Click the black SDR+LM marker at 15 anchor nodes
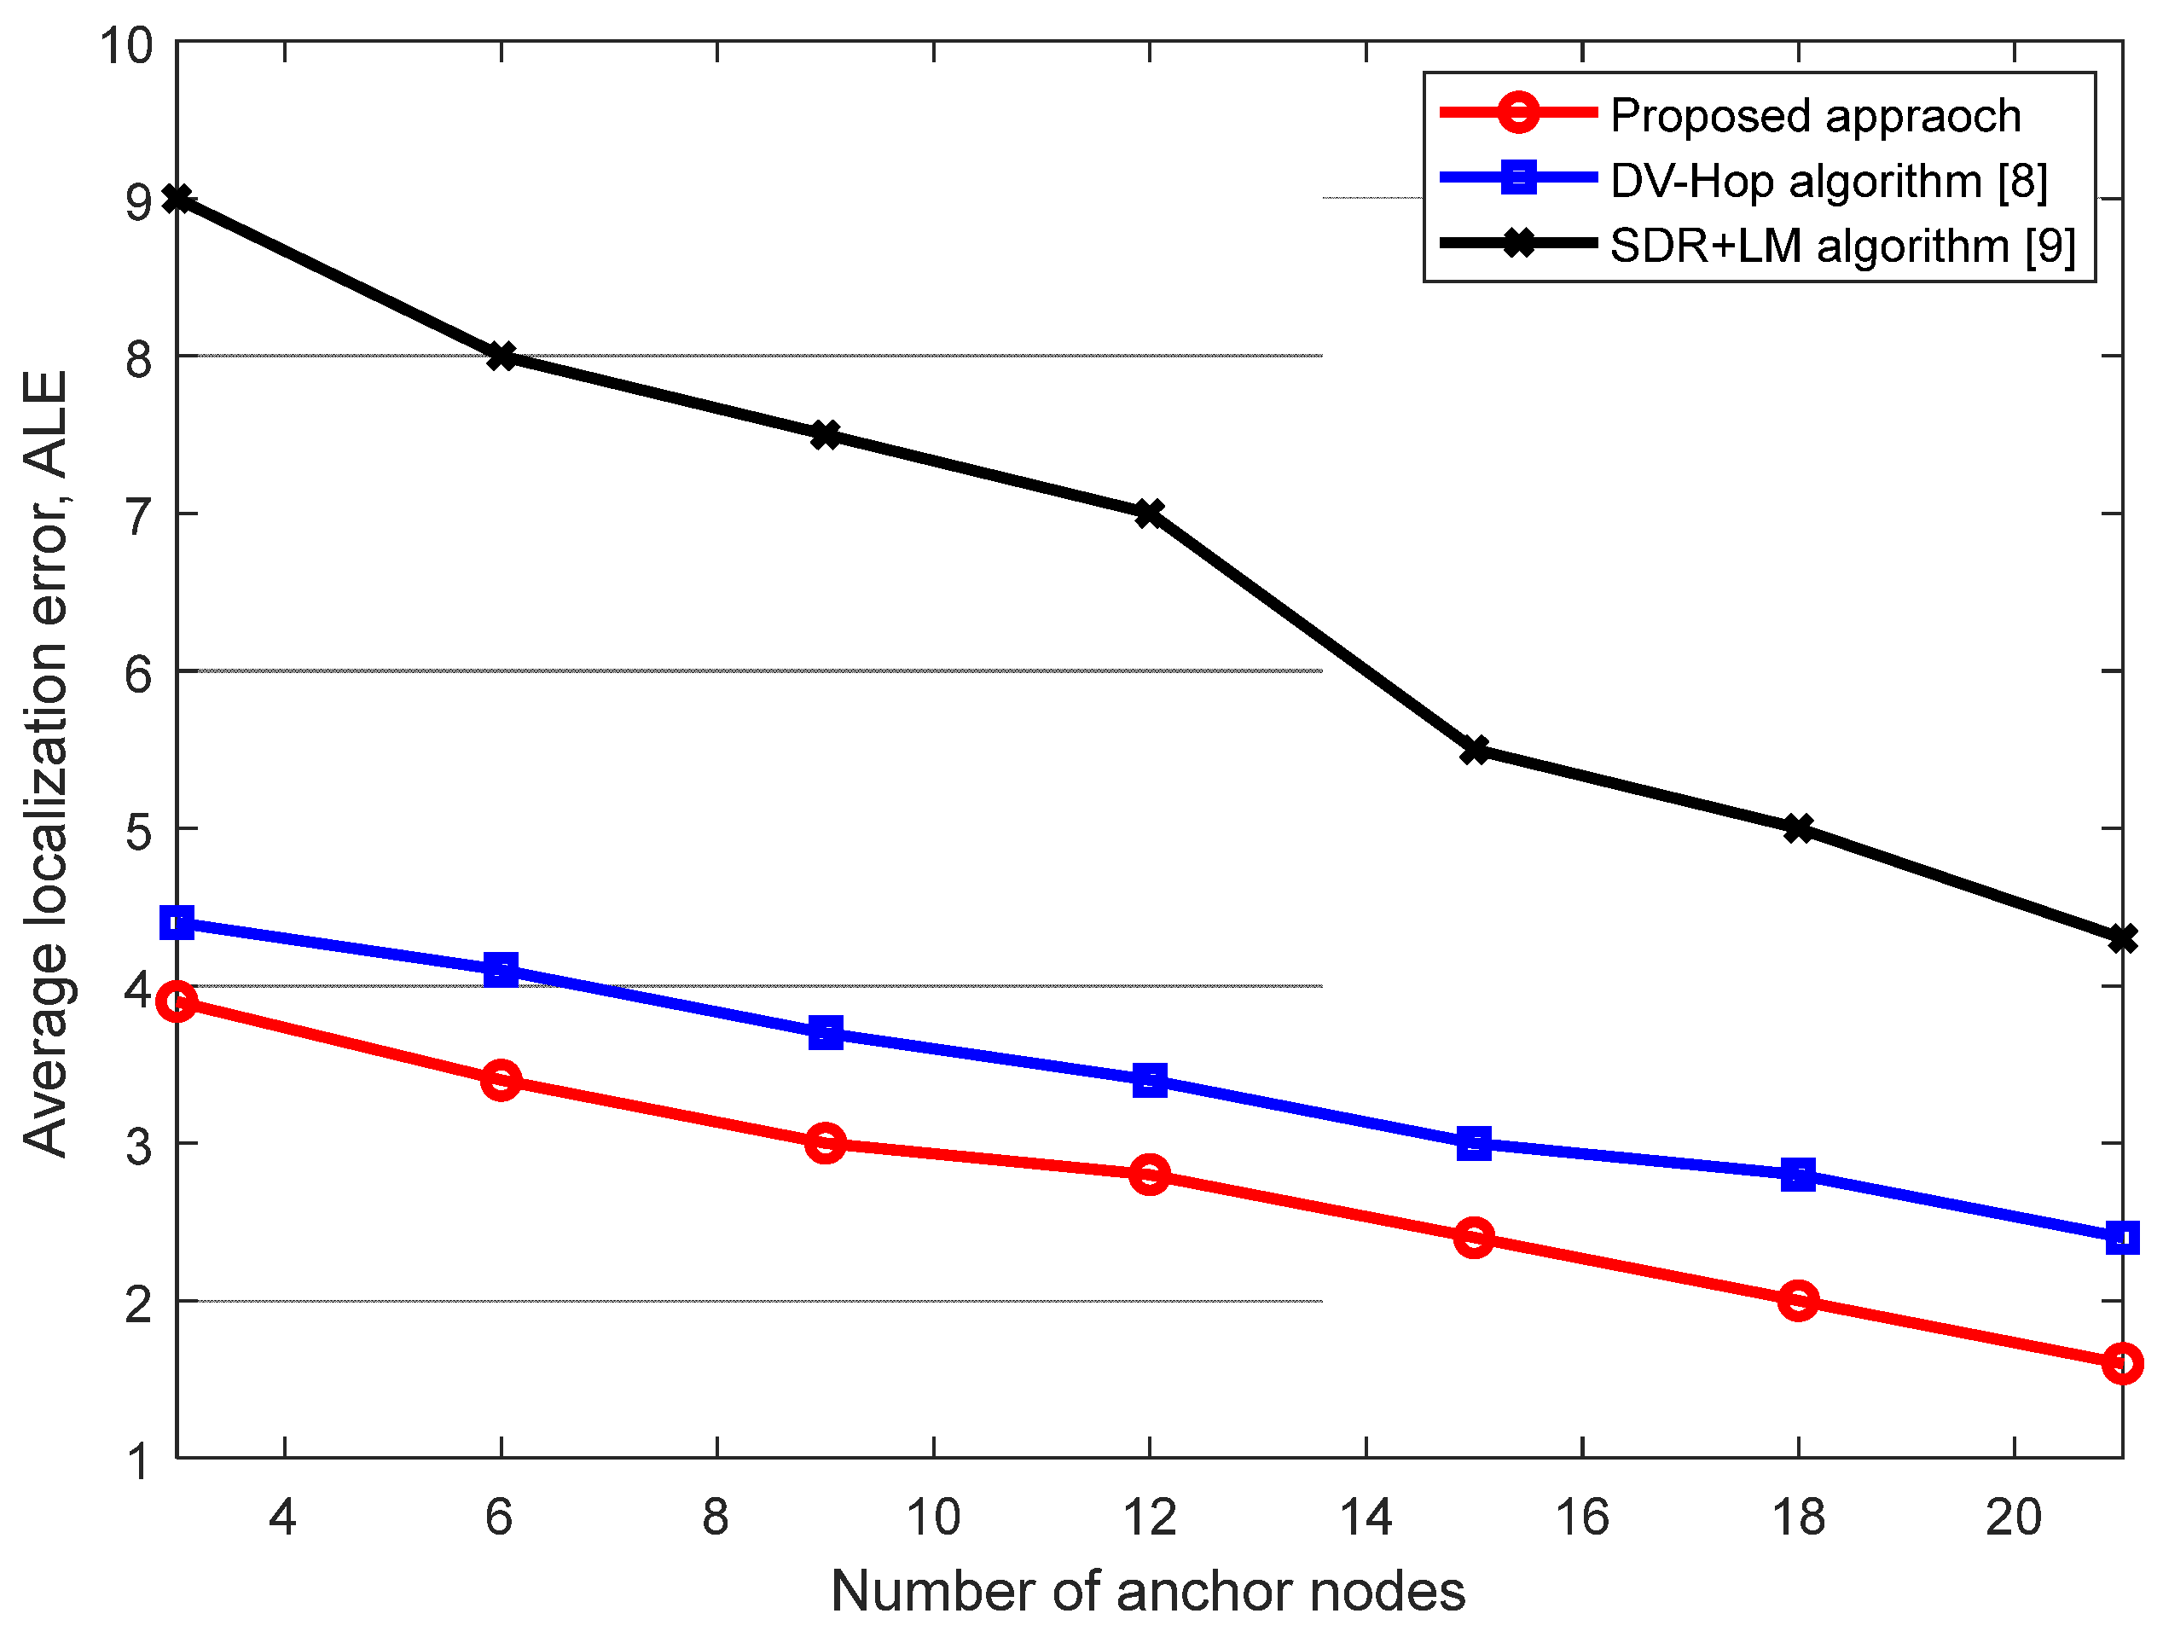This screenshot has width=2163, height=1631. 1475,750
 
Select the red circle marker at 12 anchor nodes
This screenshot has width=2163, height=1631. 1150,1174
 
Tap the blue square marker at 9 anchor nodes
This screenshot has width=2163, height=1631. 826,1032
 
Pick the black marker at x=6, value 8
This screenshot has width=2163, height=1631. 501,355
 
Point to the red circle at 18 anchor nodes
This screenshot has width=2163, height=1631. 1798,1301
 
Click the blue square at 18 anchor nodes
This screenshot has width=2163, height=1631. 1798,1175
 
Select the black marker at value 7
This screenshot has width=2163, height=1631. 1150,513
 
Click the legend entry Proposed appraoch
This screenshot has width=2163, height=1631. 1815,115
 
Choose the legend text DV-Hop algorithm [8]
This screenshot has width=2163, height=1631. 1828,181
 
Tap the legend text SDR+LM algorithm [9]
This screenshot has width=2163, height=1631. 1841,245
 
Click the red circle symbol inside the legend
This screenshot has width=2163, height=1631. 1517,113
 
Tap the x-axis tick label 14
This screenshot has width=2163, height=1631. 1365,1517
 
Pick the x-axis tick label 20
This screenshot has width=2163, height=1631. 2014,1517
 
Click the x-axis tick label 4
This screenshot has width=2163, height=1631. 282,1517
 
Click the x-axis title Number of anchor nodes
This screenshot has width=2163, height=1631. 1148,1590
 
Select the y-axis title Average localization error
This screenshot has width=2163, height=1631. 46,763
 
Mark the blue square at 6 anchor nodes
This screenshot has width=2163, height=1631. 501,970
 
